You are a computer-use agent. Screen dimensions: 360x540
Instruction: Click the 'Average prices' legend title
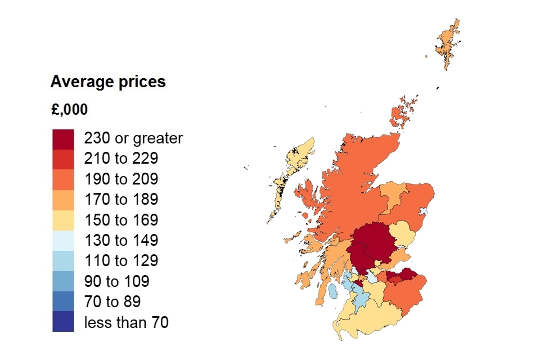(108, 82)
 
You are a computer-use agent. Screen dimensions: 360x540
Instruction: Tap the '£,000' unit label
(69, 110)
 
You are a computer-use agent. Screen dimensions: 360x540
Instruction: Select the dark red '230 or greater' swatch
(63, 138)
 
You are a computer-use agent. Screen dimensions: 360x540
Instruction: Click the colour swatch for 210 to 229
(63, 159)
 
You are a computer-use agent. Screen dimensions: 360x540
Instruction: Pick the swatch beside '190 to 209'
(63, 179)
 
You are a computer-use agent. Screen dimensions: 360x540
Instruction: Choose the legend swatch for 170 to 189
(63, 199)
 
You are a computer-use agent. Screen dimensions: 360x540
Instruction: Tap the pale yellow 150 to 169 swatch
(63, 219)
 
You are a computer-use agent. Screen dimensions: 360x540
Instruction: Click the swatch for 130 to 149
(63, 240)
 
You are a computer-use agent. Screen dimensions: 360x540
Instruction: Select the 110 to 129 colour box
(63, 260)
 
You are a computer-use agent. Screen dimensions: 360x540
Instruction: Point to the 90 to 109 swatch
(63, 281)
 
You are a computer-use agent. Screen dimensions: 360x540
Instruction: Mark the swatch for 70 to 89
(63, 301)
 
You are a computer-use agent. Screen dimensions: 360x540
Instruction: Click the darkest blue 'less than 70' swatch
(63, 322)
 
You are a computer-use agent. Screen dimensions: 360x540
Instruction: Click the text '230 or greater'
(133, 138)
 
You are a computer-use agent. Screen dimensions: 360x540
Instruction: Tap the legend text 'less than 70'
(126, 322)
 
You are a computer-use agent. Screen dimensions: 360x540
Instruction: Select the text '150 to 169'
(121, 220)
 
